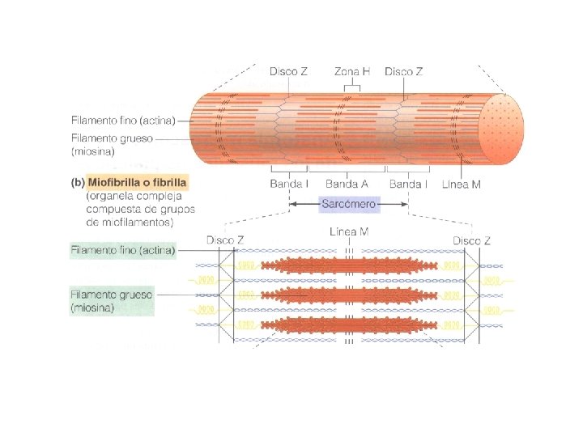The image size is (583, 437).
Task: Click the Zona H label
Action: click(x=354, y=71)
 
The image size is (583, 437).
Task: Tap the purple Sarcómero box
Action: click(x=348, y=204)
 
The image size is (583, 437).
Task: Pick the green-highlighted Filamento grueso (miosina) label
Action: click(x=112, y=301)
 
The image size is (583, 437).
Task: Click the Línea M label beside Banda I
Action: click(x=462, y=185)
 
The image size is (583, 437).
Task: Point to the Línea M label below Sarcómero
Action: click(x=350, y=232)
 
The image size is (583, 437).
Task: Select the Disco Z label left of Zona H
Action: click(x=288, y=71)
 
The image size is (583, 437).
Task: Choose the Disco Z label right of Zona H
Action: click(x=403, y=71)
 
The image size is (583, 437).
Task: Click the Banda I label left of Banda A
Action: click(x=289, y=184)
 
